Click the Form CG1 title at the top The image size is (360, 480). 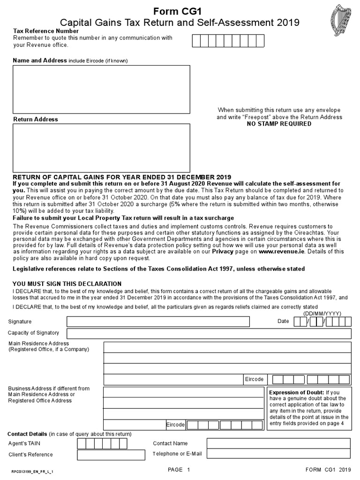[x=180, y=11]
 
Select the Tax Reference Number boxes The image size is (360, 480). [x=228, y=41]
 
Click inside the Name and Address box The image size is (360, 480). [x=101, y=89]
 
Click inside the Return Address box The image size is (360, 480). [x=101, y=148]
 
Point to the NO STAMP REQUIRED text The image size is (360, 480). [x=279, y=124]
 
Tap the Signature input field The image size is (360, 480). [x=158, y=322]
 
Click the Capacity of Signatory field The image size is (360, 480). [x=209, y=333]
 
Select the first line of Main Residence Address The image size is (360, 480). [x=227, y=347]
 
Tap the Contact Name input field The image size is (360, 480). [x=278, y=443]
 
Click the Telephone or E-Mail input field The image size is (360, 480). [x=278, y=454]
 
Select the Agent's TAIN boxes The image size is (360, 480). [x=102, y=443]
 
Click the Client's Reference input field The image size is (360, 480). [x=111, y=455]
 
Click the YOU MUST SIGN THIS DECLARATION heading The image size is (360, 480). [x=67, y=284]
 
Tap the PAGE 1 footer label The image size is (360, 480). [x=179, y=470]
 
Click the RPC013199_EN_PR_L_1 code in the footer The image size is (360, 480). [x=32, y=471]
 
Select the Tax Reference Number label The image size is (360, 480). [x=45, y=31]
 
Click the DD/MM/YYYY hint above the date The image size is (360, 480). [x=322, y=314]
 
